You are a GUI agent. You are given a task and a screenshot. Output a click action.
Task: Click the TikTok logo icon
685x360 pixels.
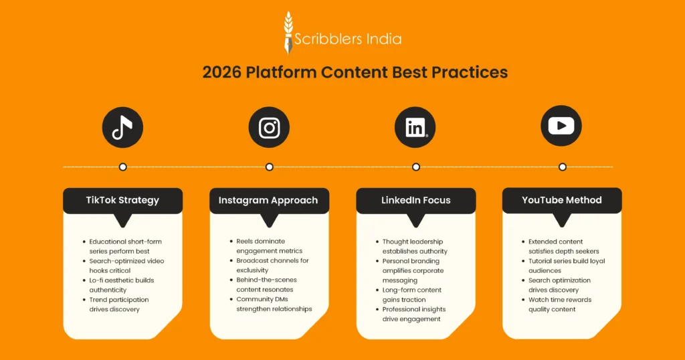(x=122, y=127)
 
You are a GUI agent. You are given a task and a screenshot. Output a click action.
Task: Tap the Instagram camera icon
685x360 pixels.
(x=269, y=127)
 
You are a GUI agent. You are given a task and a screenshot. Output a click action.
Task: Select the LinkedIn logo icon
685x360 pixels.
(x=415, y=127)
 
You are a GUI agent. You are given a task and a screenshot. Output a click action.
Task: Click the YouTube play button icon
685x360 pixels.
(x=561, y=126)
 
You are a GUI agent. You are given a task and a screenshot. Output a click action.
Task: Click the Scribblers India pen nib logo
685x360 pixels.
(x=288, y=33)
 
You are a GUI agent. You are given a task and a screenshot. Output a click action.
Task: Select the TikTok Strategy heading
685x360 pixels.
(x=122, y=200)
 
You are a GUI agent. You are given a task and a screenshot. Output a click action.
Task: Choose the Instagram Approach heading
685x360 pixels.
(x=269, y=200)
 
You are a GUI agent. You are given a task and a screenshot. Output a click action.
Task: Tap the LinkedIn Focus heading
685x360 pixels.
(x=415, y=200)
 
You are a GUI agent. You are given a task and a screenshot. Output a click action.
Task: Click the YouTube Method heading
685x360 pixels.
(x=562, y=200)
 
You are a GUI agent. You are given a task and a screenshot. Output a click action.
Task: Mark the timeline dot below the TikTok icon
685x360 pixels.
(x=122, y=167)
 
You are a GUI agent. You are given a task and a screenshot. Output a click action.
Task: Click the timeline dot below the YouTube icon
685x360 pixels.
(x=562, y=167)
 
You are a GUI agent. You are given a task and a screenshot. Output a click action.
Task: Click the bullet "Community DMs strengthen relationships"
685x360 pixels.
(x=274, y=304)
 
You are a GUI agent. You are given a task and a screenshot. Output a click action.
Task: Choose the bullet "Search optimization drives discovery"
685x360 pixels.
(x=559, y=285)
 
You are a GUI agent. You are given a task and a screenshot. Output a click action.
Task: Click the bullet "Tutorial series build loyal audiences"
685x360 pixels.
(x=567, y=266)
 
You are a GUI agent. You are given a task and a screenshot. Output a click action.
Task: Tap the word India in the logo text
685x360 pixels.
(x=384, y=39)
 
